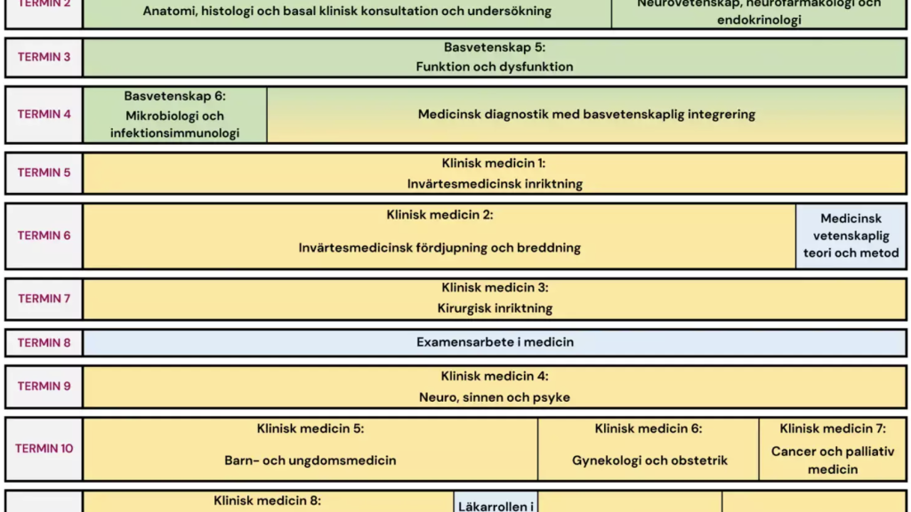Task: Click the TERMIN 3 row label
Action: coord(44,57)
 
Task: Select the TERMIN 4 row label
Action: coord(44,114)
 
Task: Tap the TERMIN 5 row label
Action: coord(44,172)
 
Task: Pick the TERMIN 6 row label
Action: coord(44,236)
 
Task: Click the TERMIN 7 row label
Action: coord(44,299)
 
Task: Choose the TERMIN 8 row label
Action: coord(44,342)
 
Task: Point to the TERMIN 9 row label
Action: coord(44,386)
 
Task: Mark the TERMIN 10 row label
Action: coord(44,448)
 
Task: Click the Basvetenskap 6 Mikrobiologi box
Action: coord(174,115)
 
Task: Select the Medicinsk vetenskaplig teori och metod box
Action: coord(851,236)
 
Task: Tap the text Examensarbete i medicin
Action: coord(495,342)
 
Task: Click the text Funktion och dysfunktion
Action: coord(495,67)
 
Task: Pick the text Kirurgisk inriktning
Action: coord(495,308)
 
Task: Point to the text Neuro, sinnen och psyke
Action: coord(495,397)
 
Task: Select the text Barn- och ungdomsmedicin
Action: coord(310,460)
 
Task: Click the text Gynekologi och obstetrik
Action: coord(649,460)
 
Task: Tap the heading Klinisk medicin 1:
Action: coord(495,164)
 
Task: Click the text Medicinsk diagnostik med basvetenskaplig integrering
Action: coord(586,114)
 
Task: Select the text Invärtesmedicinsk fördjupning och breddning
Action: coord(439,248)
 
